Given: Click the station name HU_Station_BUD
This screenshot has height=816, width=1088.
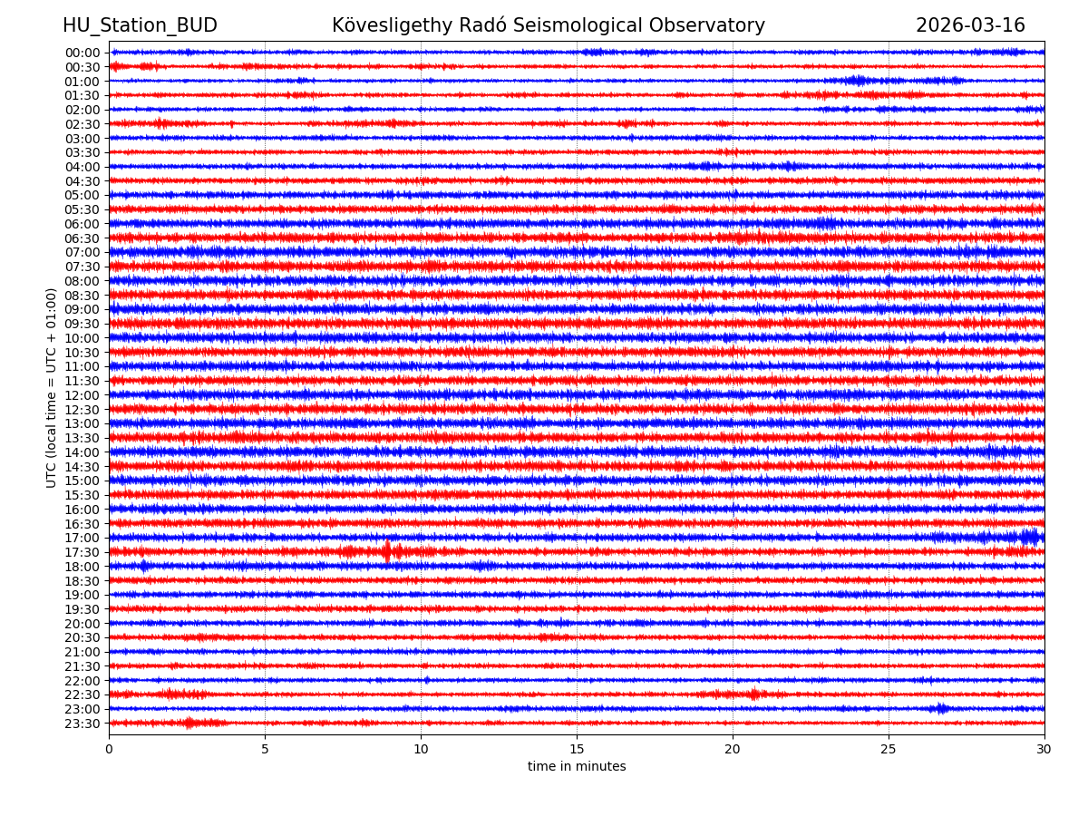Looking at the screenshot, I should pyautogui.click(x=140, y=25).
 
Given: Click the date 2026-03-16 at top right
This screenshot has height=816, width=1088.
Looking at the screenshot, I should pyautogui.click(x=970, y=25).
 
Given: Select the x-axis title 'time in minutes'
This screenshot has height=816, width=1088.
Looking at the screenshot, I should pyautogui.click(x=577, y=767).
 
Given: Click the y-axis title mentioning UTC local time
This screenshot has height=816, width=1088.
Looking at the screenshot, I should pyautogui.click(x=52, y=388).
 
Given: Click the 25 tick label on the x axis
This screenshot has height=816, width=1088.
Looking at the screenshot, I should pyautogui.click(x=889, y=749).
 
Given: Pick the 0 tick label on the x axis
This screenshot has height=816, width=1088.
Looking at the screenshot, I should pyautogui.click(x=109, y=749).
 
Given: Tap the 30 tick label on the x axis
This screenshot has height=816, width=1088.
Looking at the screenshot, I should pyautogui.click(x=1044, y=749).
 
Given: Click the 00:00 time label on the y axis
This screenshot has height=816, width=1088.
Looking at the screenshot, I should pyautogui.click(x=83, y=53).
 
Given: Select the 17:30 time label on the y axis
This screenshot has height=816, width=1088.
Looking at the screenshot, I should pyautogui.click(x=83, y=552).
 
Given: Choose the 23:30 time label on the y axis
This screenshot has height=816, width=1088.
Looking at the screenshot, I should pyautogui.click(x=83, y=724).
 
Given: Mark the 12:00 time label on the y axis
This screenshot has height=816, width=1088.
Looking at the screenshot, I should pyautogui.click(x=83, y=395).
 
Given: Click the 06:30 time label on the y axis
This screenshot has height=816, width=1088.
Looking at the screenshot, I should pyautogui.click(x=83, y=238).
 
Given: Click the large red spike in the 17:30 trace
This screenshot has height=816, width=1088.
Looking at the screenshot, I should pyautogui.click(x=387, y=551).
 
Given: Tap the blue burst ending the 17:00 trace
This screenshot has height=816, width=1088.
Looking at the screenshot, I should pyautogui.click(x=1030, y=537).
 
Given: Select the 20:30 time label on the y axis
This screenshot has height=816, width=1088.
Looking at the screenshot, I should pyautogui.click(x=83, y=638).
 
